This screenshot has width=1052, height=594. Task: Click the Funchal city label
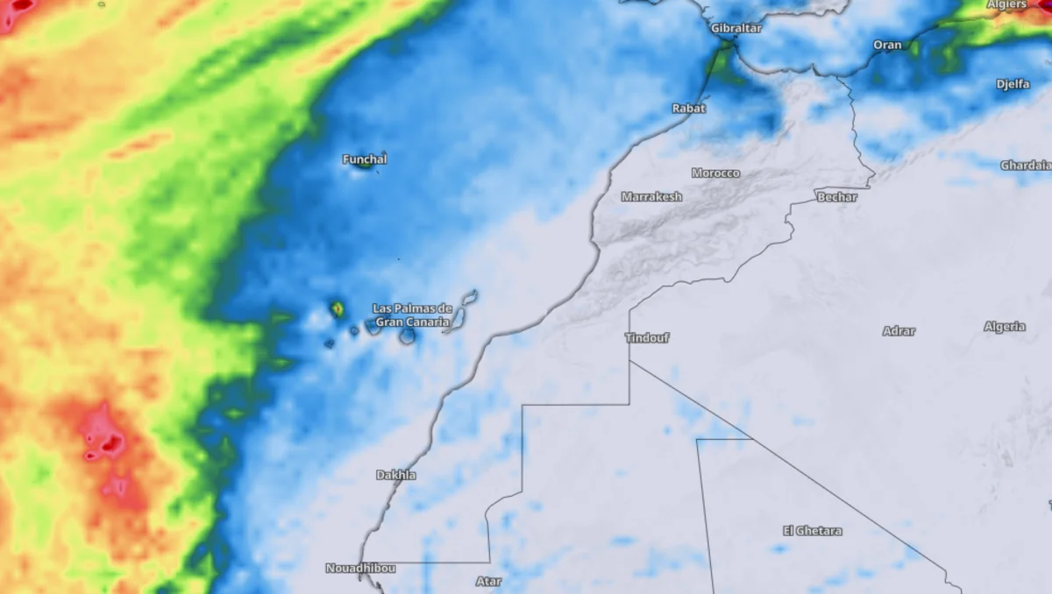[x=365, y=159]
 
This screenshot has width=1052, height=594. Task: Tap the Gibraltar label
[x=736, y=28]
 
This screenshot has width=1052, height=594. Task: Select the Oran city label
[x=887, y=45]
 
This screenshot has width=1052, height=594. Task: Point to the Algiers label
[x=1006, y=4]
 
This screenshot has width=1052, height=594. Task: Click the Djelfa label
[x=1013, y=84]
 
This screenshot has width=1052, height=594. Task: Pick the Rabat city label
[x=688, y=109]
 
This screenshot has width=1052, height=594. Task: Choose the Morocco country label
[x=715, y=173]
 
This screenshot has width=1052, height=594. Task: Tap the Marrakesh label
[x=651, y=197]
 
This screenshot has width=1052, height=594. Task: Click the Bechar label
[x=836, y=197]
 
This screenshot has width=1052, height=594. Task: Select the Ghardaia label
[x=1025, y=166]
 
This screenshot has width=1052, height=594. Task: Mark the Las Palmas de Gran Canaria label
[x=412, y=315]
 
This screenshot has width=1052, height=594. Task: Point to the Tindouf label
[x=647, y=337]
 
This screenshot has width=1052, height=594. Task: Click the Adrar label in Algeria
[x=899, y=331]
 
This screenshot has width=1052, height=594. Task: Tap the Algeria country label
[x=1004, y=327]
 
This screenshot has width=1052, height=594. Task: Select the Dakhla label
[x=396, y=475]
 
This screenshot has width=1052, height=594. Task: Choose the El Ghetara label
[x=812, y=531]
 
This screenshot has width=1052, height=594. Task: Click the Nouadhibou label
[x=360, y=568]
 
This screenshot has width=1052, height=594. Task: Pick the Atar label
[x=488, y=581]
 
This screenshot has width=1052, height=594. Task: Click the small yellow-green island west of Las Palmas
[x=337, y=308]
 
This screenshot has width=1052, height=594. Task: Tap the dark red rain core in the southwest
[x=110, y=445]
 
